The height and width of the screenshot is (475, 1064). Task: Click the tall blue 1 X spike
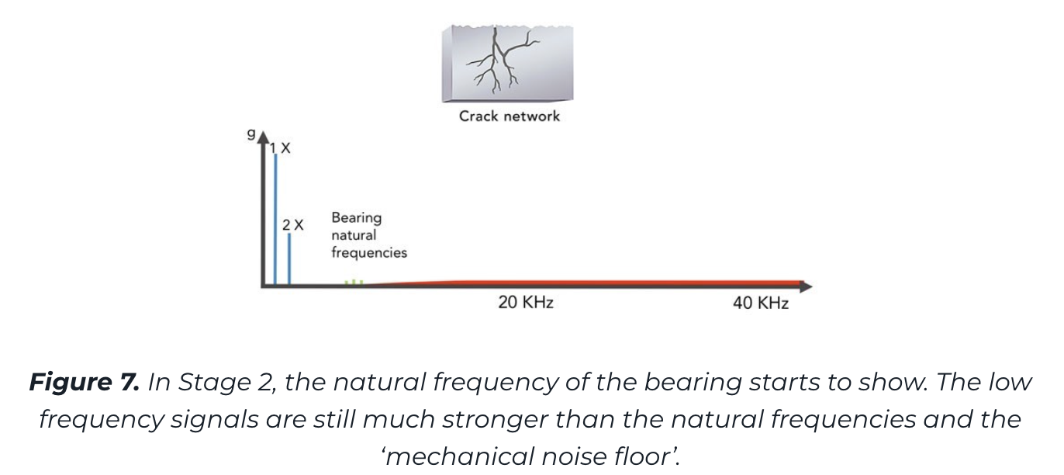click(275, 219)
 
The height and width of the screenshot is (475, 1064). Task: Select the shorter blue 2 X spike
click(289, 259)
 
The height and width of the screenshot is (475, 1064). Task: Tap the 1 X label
click(280, 148)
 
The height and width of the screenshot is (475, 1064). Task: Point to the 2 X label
click(292, 225)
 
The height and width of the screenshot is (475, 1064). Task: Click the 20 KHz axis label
click(526, 303)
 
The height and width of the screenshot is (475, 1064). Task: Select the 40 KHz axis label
click(761, 303)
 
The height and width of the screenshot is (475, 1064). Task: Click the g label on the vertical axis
click(251, 134)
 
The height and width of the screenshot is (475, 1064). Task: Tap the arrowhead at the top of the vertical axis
click(263, 137)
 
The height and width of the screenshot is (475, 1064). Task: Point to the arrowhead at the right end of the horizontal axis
click(806, 286)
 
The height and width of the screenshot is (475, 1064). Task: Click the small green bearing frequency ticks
click(354, 283)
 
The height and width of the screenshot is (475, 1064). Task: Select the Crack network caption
click(510, 116)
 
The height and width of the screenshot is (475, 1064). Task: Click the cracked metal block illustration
click(507, 63)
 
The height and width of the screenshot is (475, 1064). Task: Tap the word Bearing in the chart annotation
click(356, 218)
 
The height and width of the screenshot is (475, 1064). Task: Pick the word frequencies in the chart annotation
click(369, 252)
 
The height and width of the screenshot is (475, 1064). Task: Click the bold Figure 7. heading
click(84, 382)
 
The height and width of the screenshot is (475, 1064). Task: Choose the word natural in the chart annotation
click(354, 235)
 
